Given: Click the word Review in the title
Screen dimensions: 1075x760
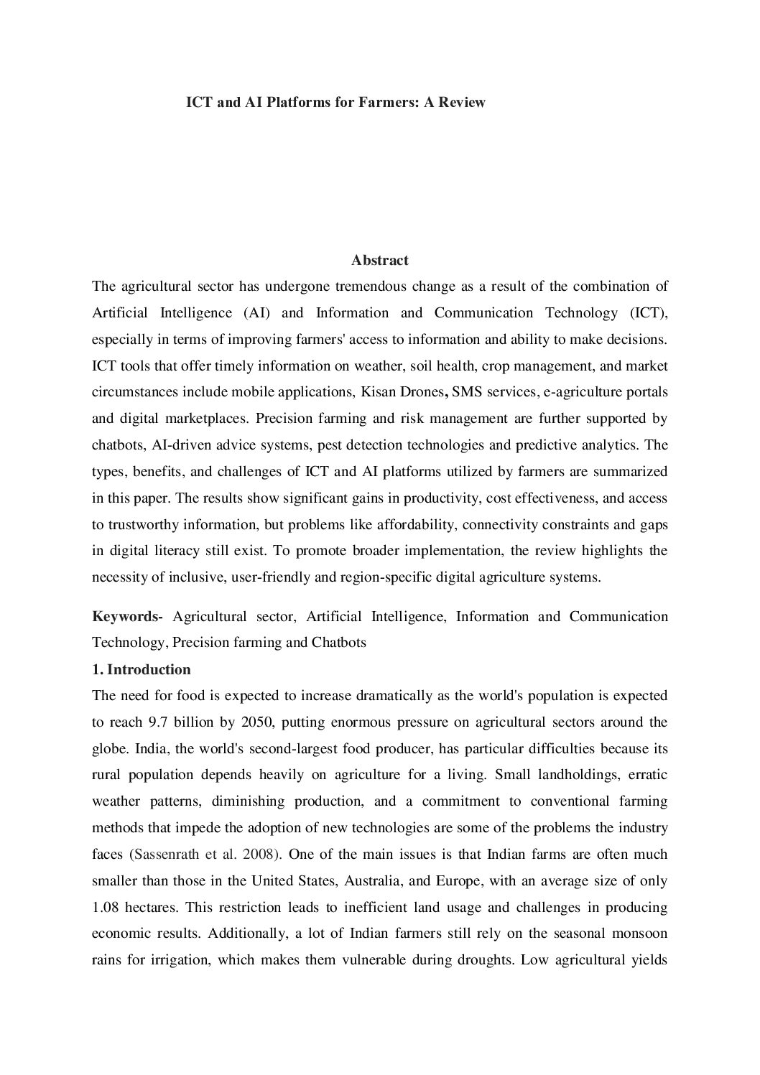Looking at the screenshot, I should [461, 102].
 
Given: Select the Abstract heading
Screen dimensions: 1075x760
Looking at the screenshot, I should [380, 260].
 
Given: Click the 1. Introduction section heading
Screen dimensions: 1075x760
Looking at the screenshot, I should [142, 669].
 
